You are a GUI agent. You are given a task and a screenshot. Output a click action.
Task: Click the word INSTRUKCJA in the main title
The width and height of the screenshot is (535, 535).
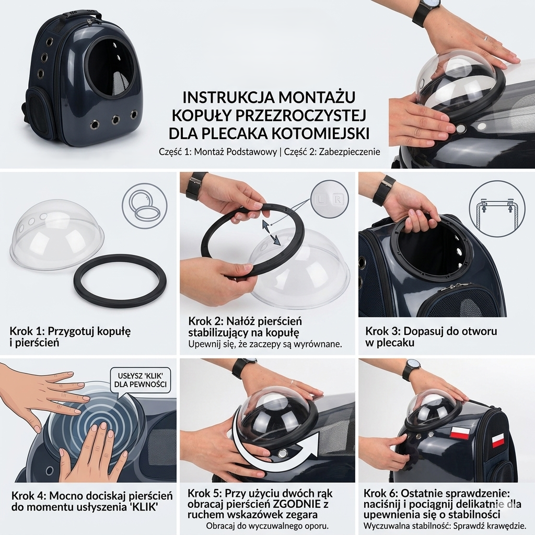[x=228, y=97]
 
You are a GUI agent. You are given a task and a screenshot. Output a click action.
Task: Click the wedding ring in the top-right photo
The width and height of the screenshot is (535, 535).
[x=486, y=38]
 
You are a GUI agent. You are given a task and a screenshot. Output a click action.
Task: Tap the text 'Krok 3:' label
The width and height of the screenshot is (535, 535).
[x=383, y=331]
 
